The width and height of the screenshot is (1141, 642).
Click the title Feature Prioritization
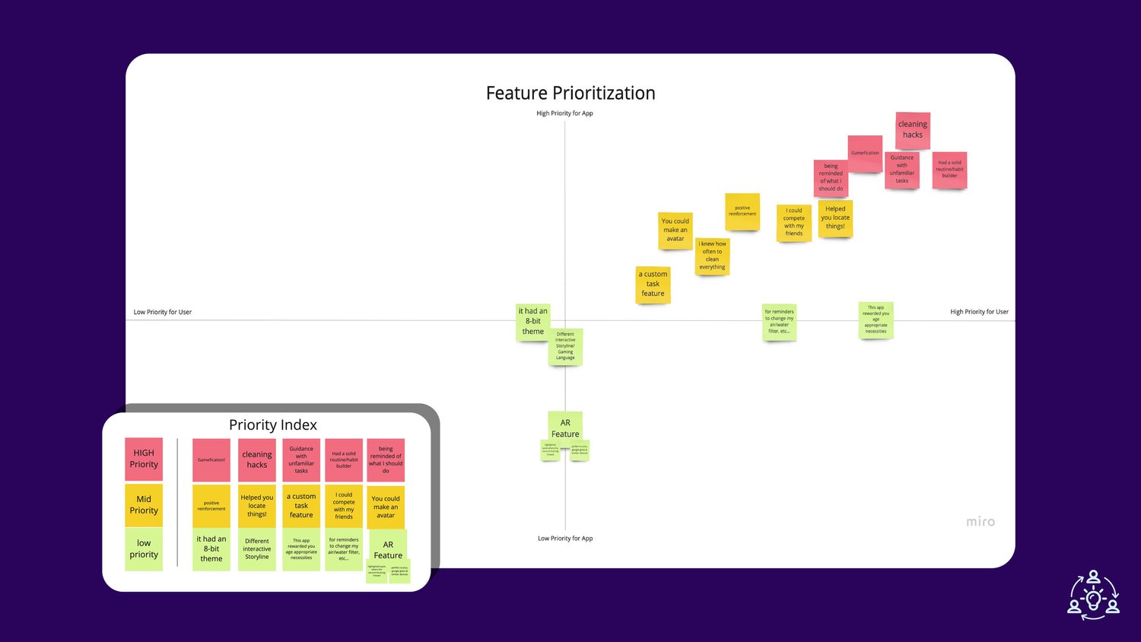[x=570, y=93]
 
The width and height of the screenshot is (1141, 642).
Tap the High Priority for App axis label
[x=564, y=113]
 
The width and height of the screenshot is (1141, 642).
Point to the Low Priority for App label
[x=565, y=539]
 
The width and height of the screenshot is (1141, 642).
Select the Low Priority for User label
[x=163, y=312]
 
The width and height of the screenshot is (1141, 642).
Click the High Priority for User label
[x=979, y=312]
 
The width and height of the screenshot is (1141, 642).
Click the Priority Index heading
[x=273, y=425]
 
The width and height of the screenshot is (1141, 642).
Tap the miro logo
[x=980, y=522]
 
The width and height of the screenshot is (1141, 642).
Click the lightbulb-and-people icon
[x=1093, y=594]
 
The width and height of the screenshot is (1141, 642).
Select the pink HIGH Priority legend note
[x=144, y=459]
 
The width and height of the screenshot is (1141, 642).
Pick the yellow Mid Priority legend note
[x=144, y=505]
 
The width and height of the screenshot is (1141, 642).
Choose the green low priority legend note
[x=144, y=548]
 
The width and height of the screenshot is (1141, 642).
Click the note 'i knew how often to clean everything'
[x=713, y=256]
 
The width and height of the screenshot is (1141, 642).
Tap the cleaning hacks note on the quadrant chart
[x=913, y=129]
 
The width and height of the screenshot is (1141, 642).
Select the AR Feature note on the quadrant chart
[x=565, y=427]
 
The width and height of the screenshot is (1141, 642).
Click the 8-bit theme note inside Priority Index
[x=211, y=549]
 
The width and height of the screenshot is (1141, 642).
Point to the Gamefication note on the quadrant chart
[x=865, y=153]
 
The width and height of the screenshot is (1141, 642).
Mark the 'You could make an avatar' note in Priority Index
[x=386, y=507]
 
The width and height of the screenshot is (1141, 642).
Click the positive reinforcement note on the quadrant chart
[x=742, y=211]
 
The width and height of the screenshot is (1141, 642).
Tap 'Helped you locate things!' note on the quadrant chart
[x=835, y=218]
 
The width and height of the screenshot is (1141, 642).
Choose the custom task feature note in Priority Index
[x=301, y=506]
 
